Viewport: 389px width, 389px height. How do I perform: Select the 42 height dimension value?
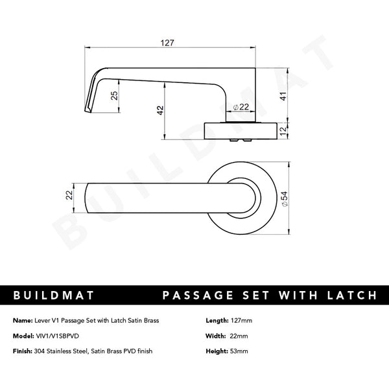click(x=159, y=111)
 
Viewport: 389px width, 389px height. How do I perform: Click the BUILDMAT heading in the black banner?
click(x=53, y=296)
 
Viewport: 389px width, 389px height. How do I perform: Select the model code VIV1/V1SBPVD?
click(x=60, y=336)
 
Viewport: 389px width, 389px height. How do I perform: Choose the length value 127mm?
click(x=242, y=321)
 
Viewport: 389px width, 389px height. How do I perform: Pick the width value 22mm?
click(x=239, y=336)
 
